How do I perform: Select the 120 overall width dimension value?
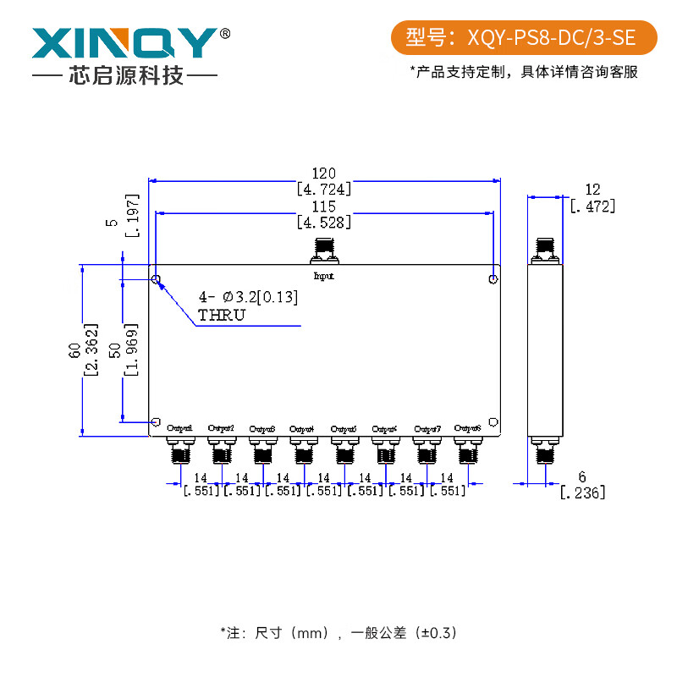[324, 172]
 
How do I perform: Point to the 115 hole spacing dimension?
[324, 206]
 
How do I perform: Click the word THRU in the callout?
[221, 316]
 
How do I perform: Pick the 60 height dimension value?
[74, 349]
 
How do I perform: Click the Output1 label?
[179, 428]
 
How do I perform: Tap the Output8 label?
[467, 428]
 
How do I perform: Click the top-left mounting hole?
[156, 278]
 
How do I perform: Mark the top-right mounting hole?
[493, 278]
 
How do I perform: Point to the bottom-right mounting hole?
[493, 421]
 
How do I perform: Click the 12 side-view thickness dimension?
[592, 190]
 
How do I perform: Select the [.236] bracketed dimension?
[583, 493]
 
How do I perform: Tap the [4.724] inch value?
[324, 188]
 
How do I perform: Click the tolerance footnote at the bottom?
[338, 632]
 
